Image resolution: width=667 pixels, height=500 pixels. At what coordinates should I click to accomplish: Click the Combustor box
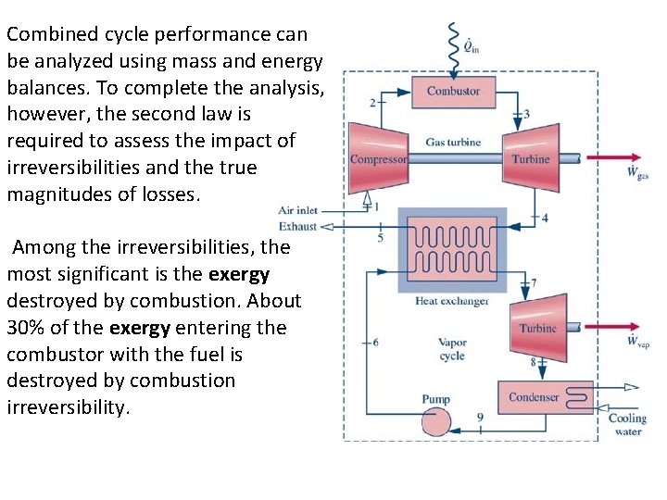click(x=453, y=91)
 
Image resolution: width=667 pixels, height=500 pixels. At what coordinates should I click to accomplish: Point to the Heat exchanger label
click(x=451, y=300)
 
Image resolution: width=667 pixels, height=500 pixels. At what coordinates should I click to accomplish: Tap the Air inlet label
click(x=297, y=210)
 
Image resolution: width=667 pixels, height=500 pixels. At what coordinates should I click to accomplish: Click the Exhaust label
click(x=297, y=225)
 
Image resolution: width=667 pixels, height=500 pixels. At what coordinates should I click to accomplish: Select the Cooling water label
click(x=628, y=424)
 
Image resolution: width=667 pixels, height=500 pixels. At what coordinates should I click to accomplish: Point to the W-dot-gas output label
click(x=637, y=172)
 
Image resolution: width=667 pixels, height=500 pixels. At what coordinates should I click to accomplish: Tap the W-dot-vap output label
click(x=637, y=341)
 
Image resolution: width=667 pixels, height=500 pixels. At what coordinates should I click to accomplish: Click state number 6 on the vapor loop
click(x=373, y=342)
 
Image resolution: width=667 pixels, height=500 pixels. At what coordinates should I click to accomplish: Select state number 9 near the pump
click(x=480, y=418)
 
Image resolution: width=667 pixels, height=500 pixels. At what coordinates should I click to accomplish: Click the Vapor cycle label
click(x=451, y=349)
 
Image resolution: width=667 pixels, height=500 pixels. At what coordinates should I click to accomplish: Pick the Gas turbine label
click(x=453, y=143)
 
